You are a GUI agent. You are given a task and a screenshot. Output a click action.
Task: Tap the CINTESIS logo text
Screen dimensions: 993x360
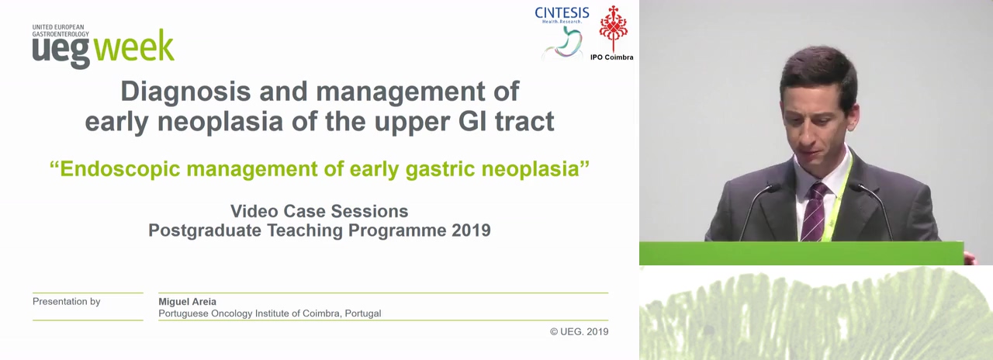tap(562, 13)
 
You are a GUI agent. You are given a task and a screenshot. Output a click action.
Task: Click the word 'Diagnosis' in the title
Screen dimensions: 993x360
tap(185, 92)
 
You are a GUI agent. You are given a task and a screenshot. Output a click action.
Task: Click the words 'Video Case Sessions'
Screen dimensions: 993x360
tap(319, 211)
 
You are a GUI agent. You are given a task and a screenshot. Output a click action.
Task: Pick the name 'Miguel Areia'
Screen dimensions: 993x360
tap(188, 302)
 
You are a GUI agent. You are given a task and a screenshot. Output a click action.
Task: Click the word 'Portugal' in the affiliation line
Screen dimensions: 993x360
tap(362, 313)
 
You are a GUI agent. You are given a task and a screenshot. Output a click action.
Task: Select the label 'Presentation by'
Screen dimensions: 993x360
tap(67, 302)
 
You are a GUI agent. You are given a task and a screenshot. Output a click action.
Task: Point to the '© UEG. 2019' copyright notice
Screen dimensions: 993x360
tap(579, 331)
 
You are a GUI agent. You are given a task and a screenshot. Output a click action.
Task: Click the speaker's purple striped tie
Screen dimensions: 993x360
tap(815, 212)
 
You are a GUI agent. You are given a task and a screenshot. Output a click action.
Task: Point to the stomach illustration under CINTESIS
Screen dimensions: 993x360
tap(562, 43)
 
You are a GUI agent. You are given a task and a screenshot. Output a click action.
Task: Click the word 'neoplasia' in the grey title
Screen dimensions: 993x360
tap(220, 122)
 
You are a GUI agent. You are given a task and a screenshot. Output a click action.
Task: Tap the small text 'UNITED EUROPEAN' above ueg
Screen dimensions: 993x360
tap(58, 27)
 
